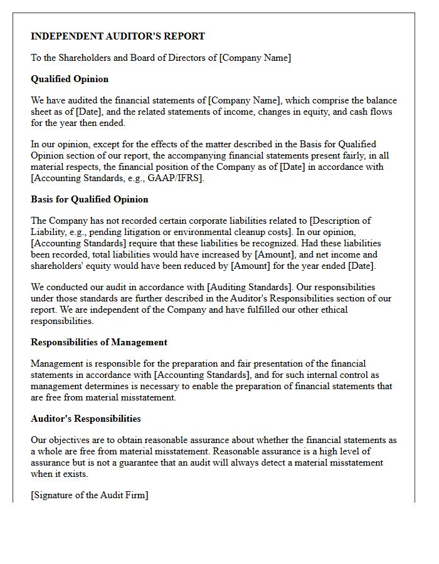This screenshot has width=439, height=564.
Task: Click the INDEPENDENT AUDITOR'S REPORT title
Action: click(118, 36)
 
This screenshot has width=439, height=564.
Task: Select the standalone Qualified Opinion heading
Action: click(70, 79)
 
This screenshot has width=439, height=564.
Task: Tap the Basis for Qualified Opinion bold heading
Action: click(90, 199)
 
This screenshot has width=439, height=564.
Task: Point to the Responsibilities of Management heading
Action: click(99, 342)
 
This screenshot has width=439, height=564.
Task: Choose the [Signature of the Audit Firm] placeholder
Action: click(90, 495)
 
